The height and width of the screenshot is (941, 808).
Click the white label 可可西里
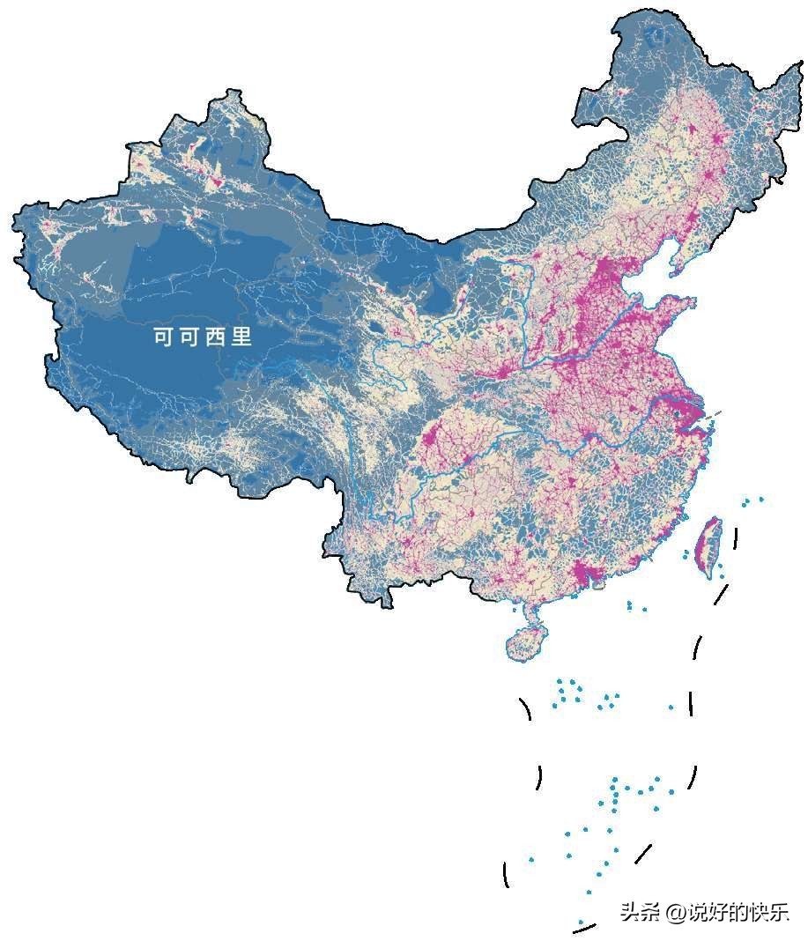click(203, 337)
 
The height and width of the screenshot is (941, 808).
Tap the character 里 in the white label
click(241, 337)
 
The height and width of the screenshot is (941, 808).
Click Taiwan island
click(709, 542)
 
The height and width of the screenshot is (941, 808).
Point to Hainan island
click(526, 641)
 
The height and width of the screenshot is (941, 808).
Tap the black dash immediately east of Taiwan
click(735, 537)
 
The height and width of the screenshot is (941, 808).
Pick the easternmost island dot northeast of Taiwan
click(761, 500)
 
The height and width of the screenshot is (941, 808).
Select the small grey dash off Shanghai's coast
click(716, 411)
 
